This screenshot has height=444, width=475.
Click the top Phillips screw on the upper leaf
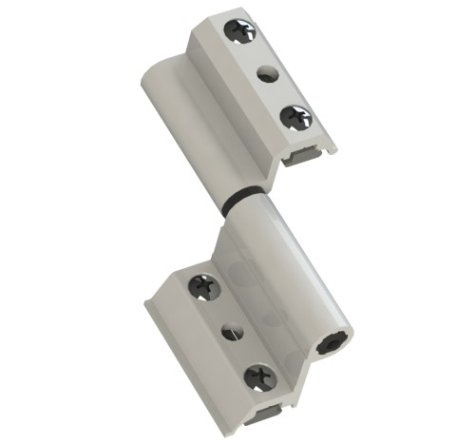pos(238,31)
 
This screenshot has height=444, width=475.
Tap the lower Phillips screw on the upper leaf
pos(295,118)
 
